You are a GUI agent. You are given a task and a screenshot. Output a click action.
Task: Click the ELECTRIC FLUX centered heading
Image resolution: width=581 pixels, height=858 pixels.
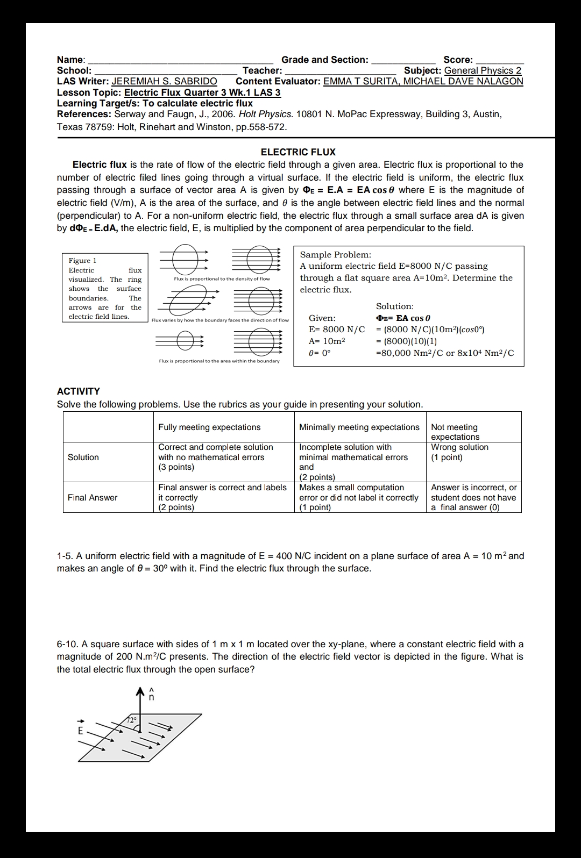coord(298,152)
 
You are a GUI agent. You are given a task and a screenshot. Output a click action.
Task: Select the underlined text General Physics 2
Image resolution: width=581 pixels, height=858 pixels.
coord(483,70)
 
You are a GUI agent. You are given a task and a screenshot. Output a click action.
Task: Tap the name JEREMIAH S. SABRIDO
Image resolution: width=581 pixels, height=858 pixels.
coord(164,81)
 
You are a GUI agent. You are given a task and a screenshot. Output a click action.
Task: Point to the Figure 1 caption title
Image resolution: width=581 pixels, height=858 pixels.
coord(83,261)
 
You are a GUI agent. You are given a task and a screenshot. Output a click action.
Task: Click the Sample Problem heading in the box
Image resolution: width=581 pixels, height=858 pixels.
coord(335,255)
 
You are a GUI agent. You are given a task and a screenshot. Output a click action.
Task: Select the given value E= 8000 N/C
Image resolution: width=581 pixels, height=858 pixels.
coord(336,330)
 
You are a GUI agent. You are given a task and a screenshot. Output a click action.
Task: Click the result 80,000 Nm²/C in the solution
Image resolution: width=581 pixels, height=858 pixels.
coord(407,353)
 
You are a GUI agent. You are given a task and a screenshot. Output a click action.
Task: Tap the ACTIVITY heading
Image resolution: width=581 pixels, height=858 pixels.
coord(79,391)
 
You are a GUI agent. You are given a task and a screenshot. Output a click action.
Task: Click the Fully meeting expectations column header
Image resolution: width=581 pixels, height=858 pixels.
coord(209,427)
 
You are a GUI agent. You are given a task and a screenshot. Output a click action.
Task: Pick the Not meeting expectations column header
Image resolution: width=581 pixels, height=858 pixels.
coord(455,432)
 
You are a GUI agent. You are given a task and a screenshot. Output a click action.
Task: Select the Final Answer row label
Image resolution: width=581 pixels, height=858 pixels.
coord(93,498)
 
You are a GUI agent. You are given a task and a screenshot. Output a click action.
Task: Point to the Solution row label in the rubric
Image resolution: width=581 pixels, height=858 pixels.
coord(83,457)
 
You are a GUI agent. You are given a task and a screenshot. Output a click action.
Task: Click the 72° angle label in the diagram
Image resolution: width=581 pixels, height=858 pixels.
coord(132,720)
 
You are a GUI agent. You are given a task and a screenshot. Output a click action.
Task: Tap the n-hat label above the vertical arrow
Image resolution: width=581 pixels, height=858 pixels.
coord(152,696)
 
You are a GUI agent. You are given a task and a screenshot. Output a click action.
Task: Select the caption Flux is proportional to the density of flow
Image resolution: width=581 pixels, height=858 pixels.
coord(222,279)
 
